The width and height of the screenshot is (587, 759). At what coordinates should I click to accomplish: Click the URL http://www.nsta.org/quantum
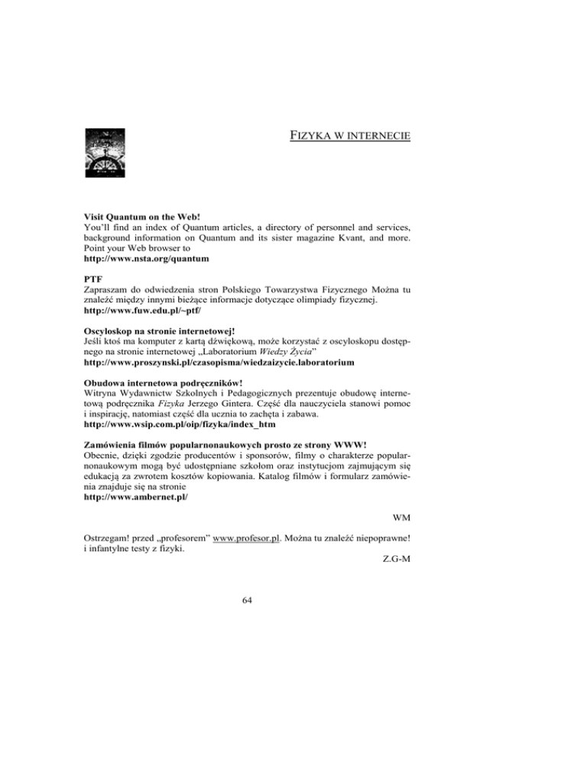pyautogui.click(x=146, y=260)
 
